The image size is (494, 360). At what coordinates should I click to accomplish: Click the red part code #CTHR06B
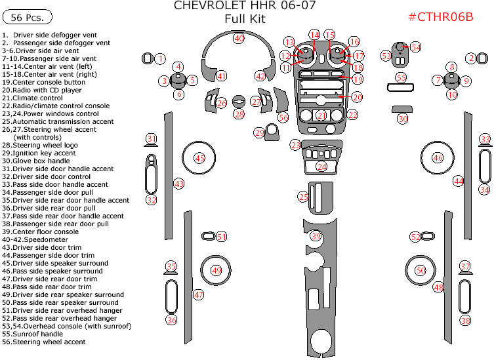pyautogui.click(x=440, y=17)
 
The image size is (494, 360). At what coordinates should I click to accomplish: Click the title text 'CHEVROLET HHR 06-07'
pyautogui.click(x=244, y=6)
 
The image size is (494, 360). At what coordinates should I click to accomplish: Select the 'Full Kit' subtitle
pyautogui.click(x=244, y=19)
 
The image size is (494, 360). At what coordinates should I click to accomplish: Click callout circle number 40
pyautogui.click(x=239, y=39)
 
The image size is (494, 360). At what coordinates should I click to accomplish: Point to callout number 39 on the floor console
pyautogui.click(x=316, y=236)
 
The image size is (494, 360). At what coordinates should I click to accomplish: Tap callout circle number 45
pyautogui.click(x=199, y=157)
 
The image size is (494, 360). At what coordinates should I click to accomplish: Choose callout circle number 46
pyautogui.click(x=438, y=157)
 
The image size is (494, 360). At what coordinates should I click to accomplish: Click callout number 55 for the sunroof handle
pyautogui.click(x=401, y=77)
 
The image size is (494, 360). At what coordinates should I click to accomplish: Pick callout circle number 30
pyautogui.click(x=402, y=119)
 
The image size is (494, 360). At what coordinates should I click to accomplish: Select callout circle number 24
pyautogui.click(x=321, y=167)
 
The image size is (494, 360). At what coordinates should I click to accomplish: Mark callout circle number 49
pyautogui.click(x=216, y=270)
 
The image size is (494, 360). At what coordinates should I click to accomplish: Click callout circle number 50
pyautogui.click(x=421, y=270)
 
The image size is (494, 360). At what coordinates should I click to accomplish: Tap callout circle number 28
pyautogui.click(x=239, y=115)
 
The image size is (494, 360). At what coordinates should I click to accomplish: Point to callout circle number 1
pyautogui.click(x=159, y=59)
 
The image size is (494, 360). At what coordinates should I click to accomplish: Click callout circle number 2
pyautogui.click(x=470, y=58)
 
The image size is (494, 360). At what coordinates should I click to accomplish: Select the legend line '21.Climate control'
pyautogui.click(x=32, y=98)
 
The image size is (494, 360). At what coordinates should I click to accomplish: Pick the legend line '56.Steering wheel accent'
pyautogui.click(x=43, y=342)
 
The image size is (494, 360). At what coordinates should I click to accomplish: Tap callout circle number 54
pyautogui.click(x=415, y=47)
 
